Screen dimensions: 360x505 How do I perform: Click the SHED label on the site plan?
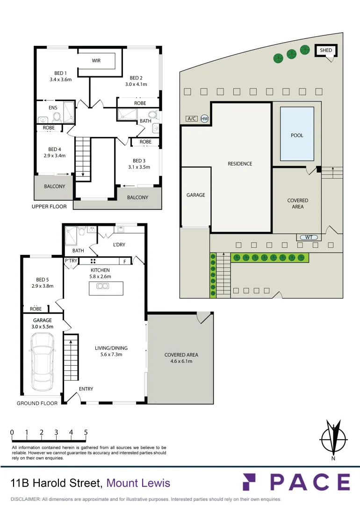[325, 50]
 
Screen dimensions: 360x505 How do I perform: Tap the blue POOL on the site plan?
[297, 134]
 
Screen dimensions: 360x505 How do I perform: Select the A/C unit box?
[192, 118]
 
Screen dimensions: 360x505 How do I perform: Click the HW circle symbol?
[204, 118]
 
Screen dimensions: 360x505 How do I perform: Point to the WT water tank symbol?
[309, 238]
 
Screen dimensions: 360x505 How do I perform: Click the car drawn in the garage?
[42, 358]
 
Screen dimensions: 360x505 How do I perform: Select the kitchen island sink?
[103, 286]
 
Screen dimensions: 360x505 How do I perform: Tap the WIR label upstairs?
[96, 60]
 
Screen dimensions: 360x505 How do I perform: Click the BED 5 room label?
[43, 280]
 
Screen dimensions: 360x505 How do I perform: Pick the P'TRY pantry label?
[71, 260]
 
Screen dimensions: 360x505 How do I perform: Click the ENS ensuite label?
[53, 108]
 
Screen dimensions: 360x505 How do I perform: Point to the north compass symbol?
[333, 439]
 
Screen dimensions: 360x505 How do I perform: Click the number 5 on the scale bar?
[86, 432]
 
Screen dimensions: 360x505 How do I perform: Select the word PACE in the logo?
[310, 482]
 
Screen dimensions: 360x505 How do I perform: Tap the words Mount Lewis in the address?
[138, 483]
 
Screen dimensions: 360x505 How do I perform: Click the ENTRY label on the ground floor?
[86, 389]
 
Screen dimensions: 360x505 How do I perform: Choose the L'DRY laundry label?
[119, 245]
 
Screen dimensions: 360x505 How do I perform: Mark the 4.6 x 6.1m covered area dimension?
[181, 361]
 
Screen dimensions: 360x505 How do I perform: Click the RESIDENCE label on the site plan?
[240, 164]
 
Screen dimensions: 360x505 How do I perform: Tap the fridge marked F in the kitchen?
[125, 261]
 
